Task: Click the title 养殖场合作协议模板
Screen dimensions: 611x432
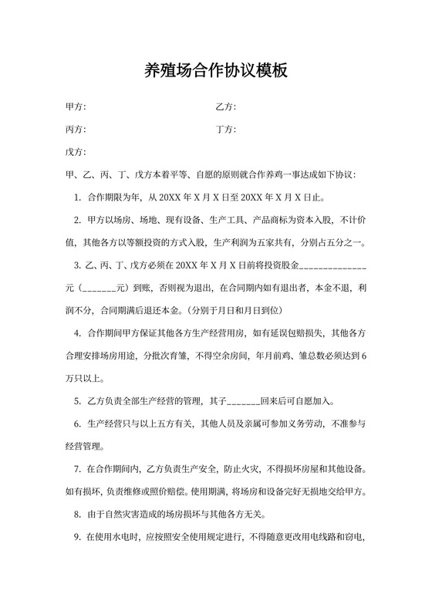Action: pyautogui.click(x=216, y=71)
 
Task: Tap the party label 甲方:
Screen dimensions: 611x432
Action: pyautogui.click(x=76, y=106)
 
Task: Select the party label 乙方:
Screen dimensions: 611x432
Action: pyautogui.click(x=225, y=106)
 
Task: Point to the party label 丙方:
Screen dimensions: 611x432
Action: pyautogui.click(x=76, y=129)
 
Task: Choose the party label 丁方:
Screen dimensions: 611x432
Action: pyautogui.click(x=225, y=129)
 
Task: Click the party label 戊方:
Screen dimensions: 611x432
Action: pyautogui.click(x=76, y=152)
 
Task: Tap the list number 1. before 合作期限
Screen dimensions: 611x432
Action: pyautogui.click(x=78, y=197)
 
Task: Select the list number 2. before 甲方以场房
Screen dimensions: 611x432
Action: pyautogui.click(x=78, y=221)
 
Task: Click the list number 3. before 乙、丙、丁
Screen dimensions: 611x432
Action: pyautogui.click(x=78, y=266)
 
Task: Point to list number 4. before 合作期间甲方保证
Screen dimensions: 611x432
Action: pyautogui.click(x=78, y=333)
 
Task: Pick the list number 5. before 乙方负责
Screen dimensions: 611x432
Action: pyautogui.click(x=78, y=401)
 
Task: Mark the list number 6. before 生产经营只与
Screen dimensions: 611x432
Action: pyautogui.click(x=78, y=424)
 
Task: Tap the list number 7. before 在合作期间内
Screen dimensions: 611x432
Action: pyautogui.click(x=78, y=469)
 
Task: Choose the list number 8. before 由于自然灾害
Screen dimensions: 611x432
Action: pyautogui.click(x=78, y=515)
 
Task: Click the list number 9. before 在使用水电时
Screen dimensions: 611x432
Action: pyautogui.click(x=78, y=538)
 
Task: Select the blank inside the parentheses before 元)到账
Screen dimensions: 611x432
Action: pyautogui.click(x=99, y=289)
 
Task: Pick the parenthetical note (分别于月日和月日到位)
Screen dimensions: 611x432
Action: pyautogui.click(x=233, y=311)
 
